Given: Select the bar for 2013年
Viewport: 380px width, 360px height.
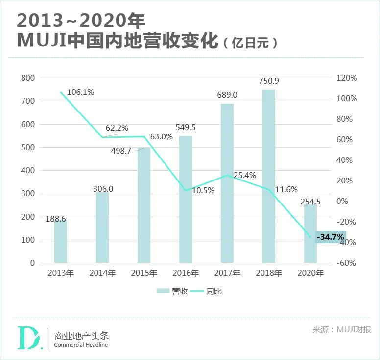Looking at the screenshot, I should coord(61,241).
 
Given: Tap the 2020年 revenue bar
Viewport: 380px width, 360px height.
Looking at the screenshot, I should coord(310,233).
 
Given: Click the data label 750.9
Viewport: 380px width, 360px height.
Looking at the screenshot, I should coord(269,81).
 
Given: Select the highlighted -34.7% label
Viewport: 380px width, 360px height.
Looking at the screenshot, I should coord(331,237).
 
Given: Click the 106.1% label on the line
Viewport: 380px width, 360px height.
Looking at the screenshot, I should coord(80,92).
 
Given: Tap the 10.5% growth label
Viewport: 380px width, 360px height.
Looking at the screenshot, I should coord(203,191).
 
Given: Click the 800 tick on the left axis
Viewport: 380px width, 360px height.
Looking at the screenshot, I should coord(29,78).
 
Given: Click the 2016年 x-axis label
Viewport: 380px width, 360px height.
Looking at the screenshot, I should coord(186,273).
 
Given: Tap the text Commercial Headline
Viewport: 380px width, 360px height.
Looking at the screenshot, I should coord(81,345).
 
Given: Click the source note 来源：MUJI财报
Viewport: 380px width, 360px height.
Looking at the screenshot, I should coord(342,329).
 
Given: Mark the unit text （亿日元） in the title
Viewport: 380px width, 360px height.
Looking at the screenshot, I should coord(250,43).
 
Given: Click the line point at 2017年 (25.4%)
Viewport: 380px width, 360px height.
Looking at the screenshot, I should coord(227,175).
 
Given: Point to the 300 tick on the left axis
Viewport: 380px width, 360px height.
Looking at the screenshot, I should coord(29,194).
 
